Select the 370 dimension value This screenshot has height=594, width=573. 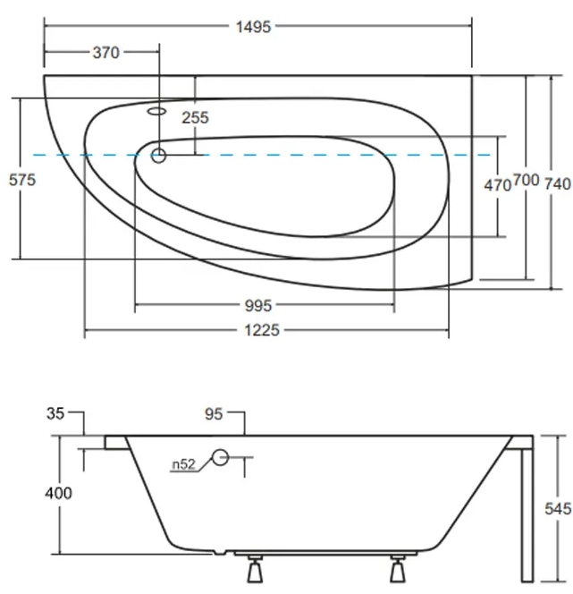tap(105, 54)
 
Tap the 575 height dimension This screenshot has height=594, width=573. tap(21, 180)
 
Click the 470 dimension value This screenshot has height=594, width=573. tap(497, 185)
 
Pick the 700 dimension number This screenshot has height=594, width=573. tap(526, 182)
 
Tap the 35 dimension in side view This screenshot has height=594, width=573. tap(55, 413)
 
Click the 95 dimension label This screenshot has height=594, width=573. tap(213, 413)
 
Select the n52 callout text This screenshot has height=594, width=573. tap(182, 464)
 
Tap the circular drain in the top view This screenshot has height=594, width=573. tap(159, 156)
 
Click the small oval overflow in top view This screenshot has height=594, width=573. tap(158, 112)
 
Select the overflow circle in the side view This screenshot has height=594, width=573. tap(220, 460)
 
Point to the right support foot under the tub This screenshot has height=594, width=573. tap(398, 570)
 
